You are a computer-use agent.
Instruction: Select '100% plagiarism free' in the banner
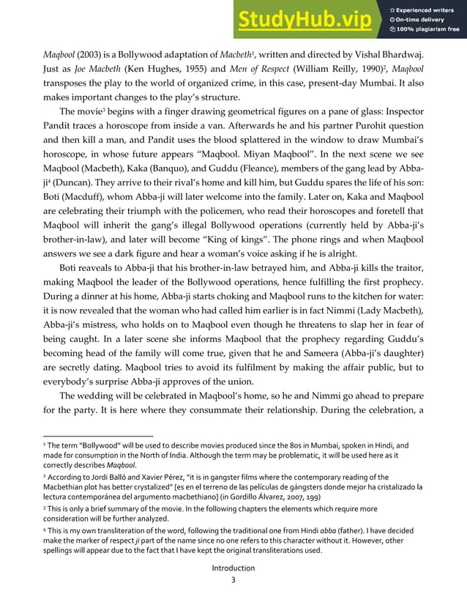[x=428, y=30]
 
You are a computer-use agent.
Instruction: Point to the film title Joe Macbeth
[x=79, y=72]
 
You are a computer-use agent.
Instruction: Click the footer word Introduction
[x=233, y=568]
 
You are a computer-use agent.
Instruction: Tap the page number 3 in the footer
[x=233, y=580]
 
